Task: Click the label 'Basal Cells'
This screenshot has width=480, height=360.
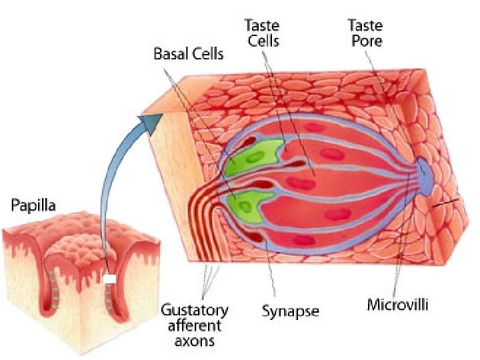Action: pos(189,52)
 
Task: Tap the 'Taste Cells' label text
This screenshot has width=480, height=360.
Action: pos(262,33)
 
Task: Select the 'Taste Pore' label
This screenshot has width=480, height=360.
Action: pos(365,32)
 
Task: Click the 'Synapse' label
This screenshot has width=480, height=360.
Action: pos(290,311)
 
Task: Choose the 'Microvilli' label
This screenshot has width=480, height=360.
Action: pos(398,306)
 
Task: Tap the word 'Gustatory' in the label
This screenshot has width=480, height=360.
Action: pos(195,311)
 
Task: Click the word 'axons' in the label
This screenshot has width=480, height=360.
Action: pos(195,341)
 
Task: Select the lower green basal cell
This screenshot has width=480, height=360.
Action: pos(251,203)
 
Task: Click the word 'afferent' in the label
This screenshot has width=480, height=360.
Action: pos(195,326)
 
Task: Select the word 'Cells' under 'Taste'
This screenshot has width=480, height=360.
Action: pos(262,41)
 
